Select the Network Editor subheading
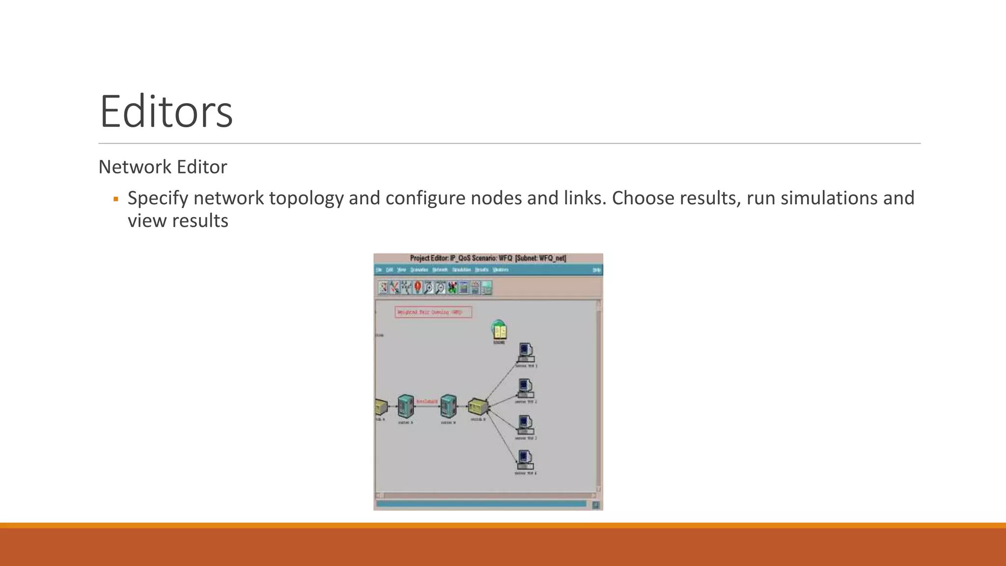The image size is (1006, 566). click(163, 167)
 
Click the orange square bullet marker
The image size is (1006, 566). click(116, 199)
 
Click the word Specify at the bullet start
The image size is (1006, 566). click(158, 198)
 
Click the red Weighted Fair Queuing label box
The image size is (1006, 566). click(433, 312)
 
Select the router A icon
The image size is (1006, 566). click(406, 406)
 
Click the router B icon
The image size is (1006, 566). click(448, 406)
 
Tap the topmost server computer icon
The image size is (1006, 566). click(526, 352)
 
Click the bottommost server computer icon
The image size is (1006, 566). click(525, 460)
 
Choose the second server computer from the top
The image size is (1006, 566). click(526, 388)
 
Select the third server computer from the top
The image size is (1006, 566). click(526, 424)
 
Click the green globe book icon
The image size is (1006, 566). click(499, 330)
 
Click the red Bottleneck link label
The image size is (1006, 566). click(427, 401)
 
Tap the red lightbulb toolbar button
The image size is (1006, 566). click(418, 287)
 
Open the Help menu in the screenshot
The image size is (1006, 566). click(596, 270)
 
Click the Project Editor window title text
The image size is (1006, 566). click(488, 258)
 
